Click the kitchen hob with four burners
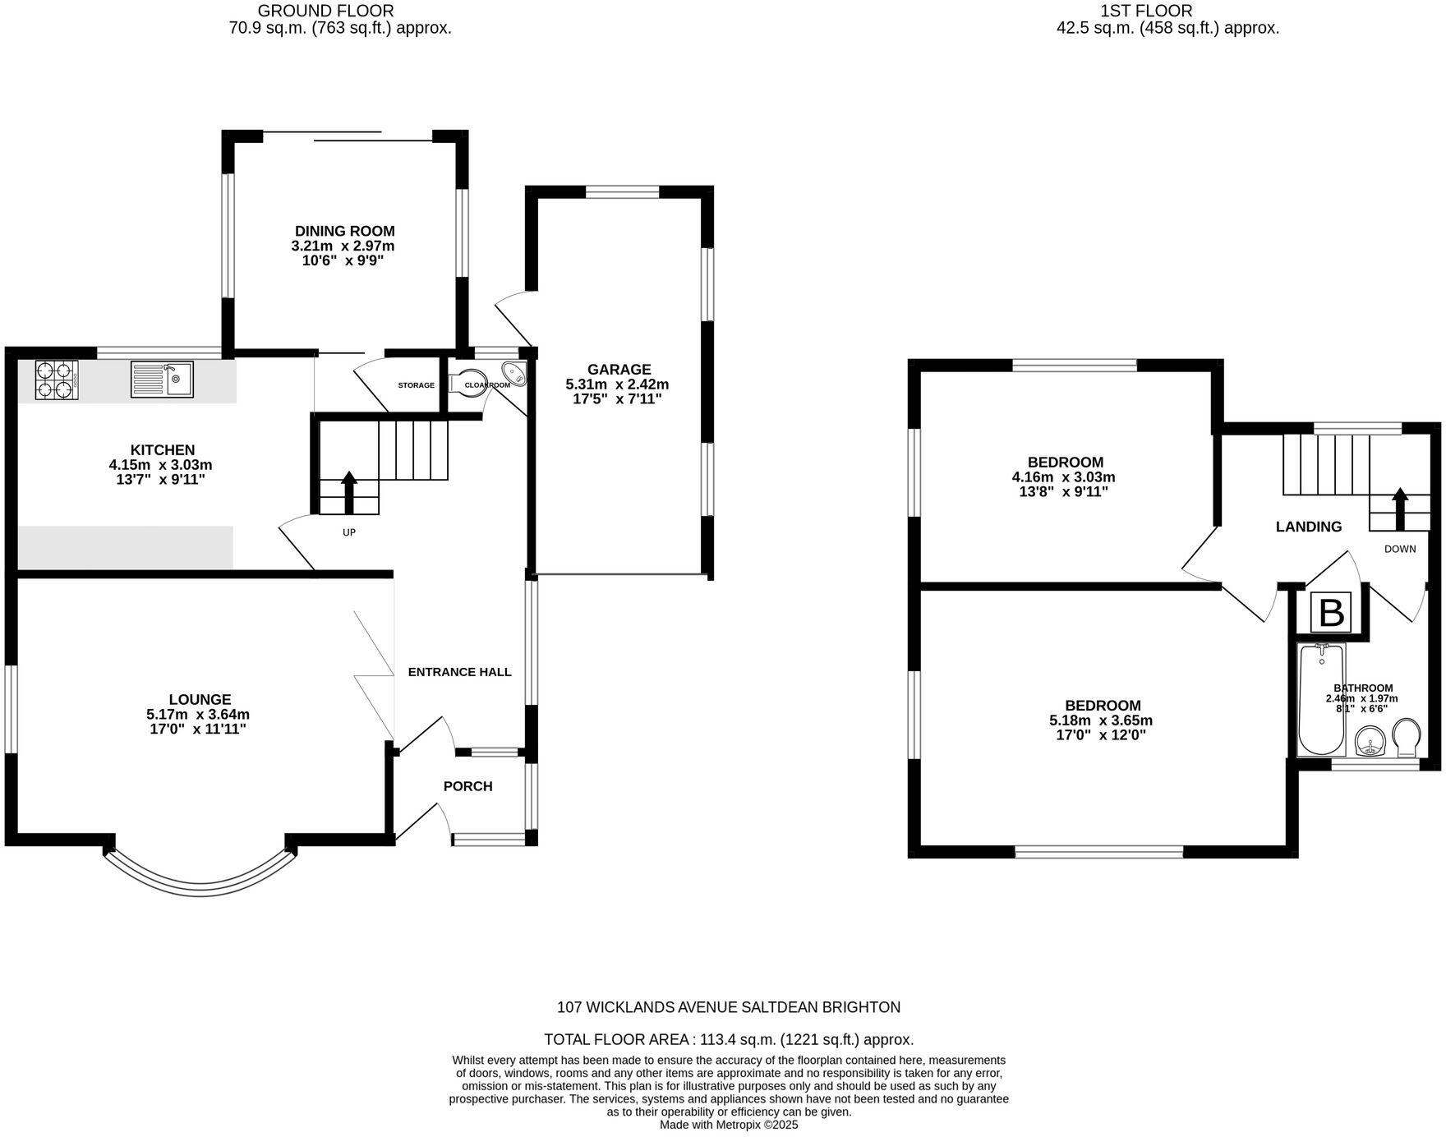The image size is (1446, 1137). tap(56, 380)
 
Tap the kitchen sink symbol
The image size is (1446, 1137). tap(162, 380)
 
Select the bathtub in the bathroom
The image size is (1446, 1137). tap(1320, 699)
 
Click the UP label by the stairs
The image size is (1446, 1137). tap(349, 532)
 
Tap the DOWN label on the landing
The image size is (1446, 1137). tap(1400, 549)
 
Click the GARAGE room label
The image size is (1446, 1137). tap(619, 370)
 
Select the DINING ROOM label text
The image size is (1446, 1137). tap(345, 232)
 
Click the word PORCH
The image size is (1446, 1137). tap(467, 786)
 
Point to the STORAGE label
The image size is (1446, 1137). tap(417, 385)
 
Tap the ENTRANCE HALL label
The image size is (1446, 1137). tap(459, 672)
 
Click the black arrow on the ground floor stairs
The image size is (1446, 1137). tap(348, 490)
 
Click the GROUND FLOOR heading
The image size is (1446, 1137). tap(326, 12)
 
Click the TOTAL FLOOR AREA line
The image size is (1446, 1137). tap(729, 1039)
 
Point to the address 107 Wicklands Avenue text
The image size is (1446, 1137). tap(729, 1007)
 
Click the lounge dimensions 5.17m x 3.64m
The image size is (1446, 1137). tap(198, 715)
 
